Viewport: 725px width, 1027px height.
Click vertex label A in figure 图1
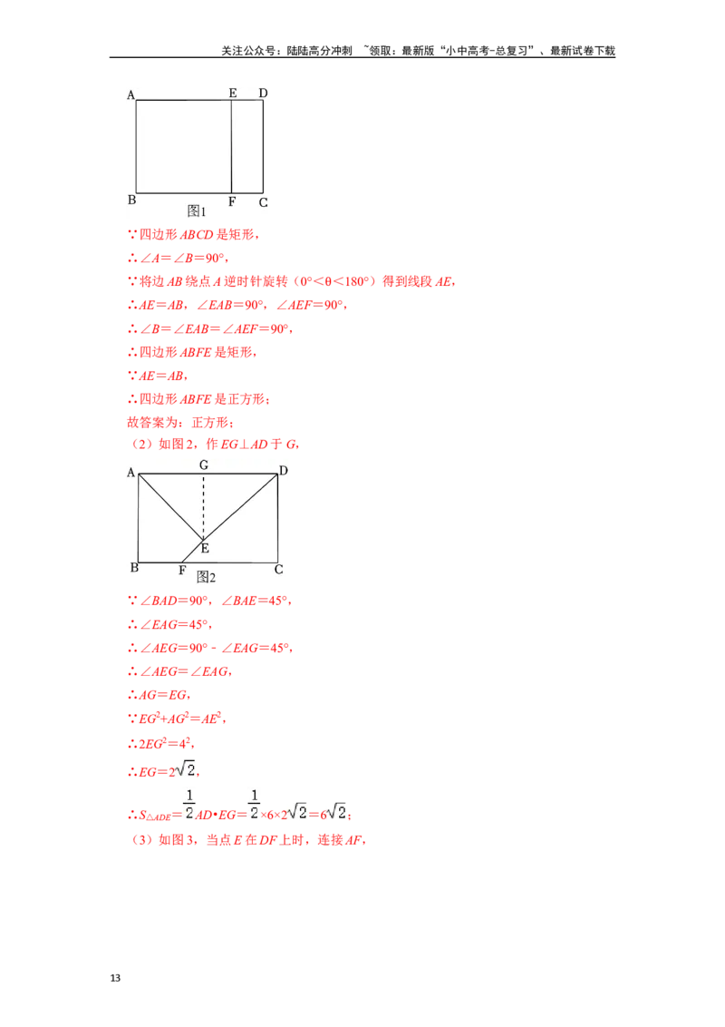tap(131, 94)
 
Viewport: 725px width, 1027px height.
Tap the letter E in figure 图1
tap(233, 93)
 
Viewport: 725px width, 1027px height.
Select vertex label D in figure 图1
tap(263, 93)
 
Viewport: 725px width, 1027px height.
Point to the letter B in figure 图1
tap(131, 201)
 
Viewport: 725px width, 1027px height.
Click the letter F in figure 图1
tap(232, 201)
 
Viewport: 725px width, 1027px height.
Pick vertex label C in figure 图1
tap(263, 202)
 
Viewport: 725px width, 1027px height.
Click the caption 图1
tap(198, 211)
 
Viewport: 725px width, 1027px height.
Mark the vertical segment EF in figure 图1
tap(231, 145)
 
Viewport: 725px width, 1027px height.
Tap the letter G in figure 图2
tap(204, 465)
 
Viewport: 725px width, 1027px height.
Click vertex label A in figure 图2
tap(131, 473)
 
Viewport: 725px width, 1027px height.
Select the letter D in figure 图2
tap(284, 470)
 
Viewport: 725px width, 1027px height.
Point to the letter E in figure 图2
tap(205, 548)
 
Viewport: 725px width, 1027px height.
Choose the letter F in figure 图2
tap(182, 571)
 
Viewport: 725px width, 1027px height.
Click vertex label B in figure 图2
tap(134, 569)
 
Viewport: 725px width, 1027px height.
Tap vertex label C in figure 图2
tap(278, 570)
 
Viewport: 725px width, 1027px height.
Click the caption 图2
tap(207, 577)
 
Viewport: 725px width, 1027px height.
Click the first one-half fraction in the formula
tap(188, 804)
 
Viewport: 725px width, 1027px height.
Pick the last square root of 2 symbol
tap(336, 810)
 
